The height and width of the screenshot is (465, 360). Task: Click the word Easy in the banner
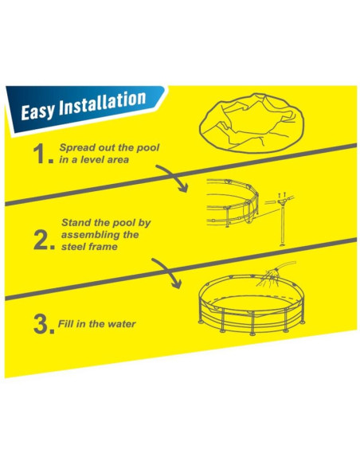[37, 111]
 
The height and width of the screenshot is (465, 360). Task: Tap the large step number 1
[41, 154]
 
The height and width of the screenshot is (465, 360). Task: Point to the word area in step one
[118, 160]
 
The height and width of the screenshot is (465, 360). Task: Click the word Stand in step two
[76, 222]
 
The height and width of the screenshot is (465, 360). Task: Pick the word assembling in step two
[88, 235]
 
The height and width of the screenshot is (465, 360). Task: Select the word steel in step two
[73, 247]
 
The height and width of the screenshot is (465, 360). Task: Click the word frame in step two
[103, 247]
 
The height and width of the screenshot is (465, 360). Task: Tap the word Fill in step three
[65, 323]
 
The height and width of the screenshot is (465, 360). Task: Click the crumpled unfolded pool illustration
[252, 123]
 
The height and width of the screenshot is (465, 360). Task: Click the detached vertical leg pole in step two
[283, 227]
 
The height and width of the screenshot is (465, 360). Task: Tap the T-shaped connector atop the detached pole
[281, 202]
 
